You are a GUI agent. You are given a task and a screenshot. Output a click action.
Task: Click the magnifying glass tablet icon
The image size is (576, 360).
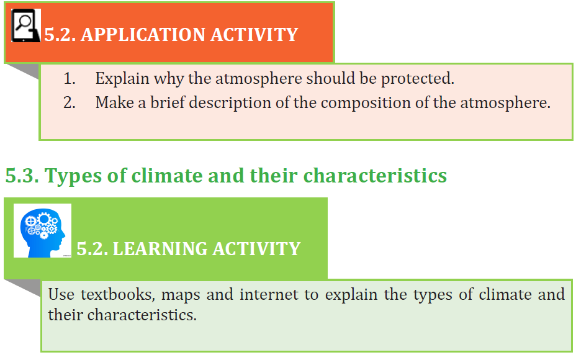click(25, 25)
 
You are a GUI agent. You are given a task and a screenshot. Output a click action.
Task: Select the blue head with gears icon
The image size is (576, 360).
click(43, 231)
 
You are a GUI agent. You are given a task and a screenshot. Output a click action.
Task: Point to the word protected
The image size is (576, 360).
click(417, 79)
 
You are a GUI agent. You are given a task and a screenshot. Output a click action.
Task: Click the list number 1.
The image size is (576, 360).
click(70, 79)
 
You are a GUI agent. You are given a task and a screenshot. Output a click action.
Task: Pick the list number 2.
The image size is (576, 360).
click(70, 102)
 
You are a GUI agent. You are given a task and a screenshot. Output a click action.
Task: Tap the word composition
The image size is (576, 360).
click(366, 103)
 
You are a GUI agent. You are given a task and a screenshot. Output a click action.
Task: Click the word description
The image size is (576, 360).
click(230, 103)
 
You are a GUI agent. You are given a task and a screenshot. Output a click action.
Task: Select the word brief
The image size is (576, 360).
click(168, 102)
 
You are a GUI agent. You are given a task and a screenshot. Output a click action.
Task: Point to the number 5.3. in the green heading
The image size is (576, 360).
click(22, 175)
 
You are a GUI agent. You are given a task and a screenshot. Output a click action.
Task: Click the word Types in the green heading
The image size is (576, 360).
click(73, 176)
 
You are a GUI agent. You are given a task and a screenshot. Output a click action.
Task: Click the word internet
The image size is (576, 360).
click(269, 295)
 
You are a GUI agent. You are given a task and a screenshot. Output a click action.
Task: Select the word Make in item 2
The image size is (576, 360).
click(115, 102)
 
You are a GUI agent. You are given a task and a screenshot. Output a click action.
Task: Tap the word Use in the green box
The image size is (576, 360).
click(61, 295)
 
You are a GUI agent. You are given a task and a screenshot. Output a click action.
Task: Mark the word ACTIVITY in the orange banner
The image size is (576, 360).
click(254, 35)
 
